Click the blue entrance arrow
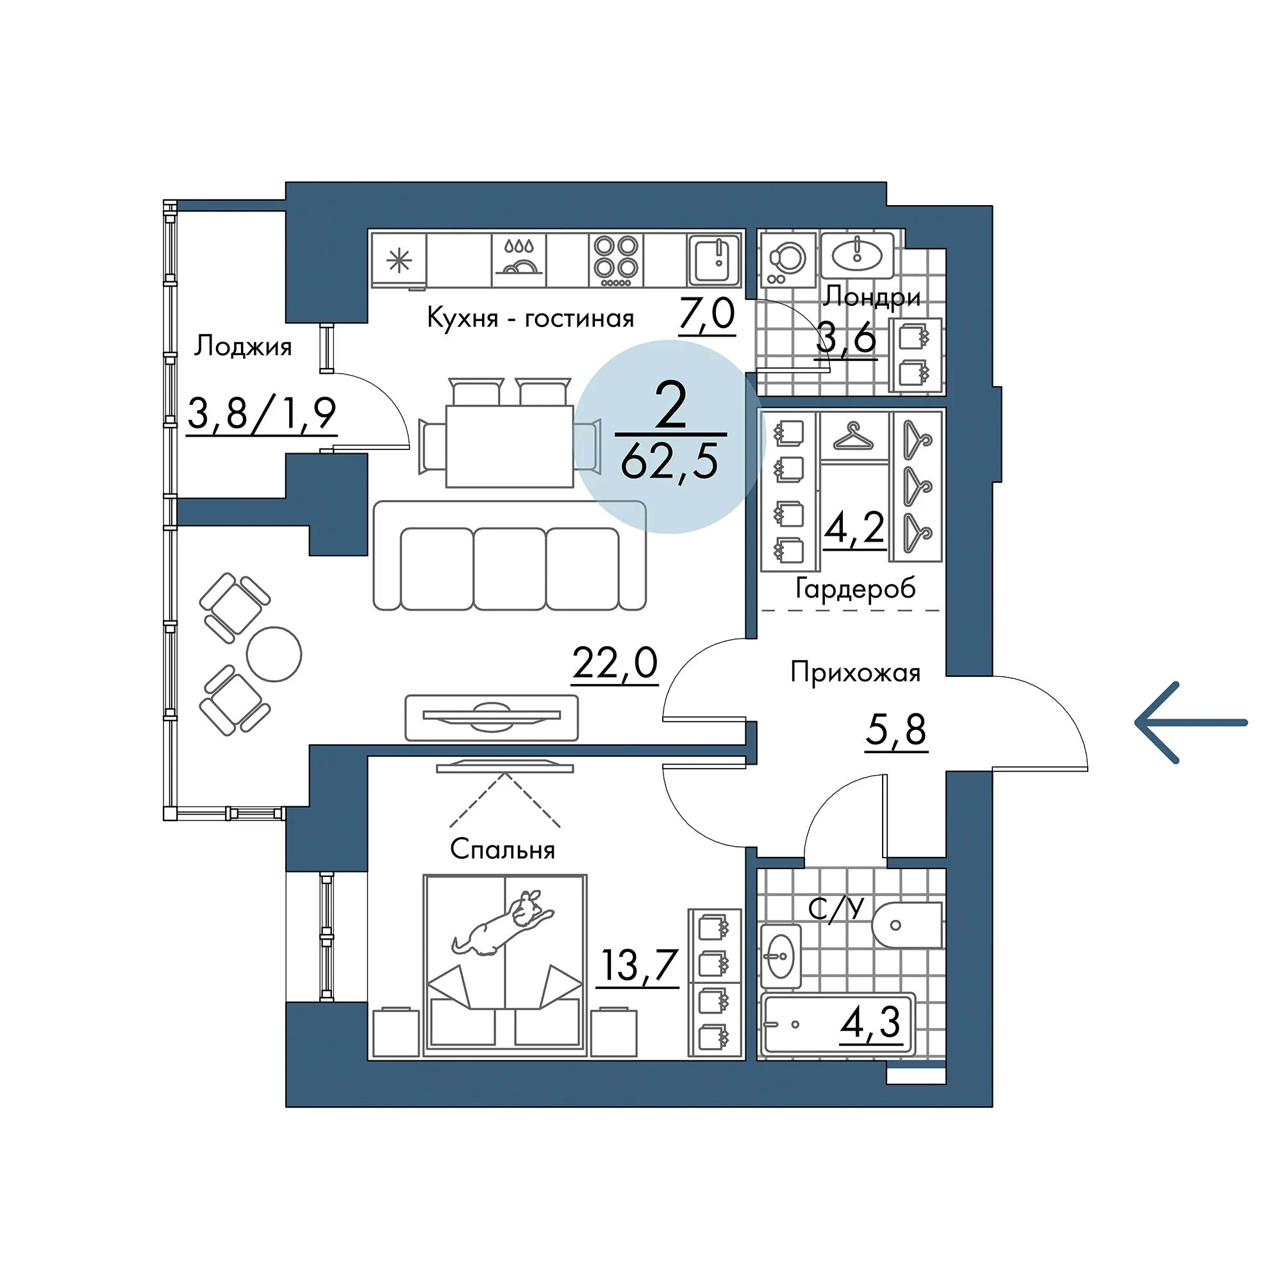pos(1190,722)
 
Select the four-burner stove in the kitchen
pos(617,260)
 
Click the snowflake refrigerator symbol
pos(399,260)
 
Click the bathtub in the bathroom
pos(838,1024)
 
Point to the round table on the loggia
pos(274,654)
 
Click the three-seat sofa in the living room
pos(510,555)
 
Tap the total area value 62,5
pos(670,462)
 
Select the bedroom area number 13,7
pos(638,965)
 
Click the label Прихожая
pos(855,673)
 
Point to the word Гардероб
pos(855,588)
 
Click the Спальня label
pos(503,849)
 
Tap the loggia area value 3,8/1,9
pos(262,413)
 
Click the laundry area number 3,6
pos(846,340)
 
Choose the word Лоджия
pos(243,347)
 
